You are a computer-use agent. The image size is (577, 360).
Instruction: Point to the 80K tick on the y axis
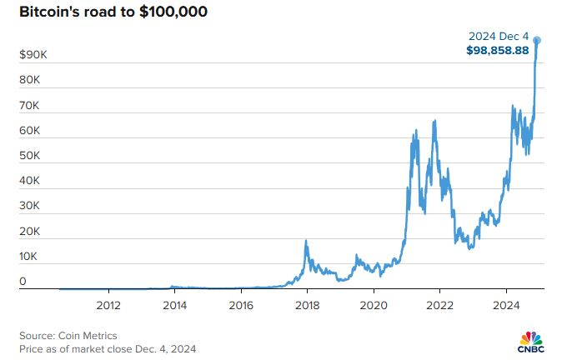29,80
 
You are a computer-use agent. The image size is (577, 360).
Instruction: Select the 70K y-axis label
29,106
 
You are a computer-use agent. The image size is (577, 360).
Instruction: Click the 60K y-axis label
29,131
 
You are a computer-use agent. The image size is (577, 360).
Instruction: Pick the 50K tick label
29,156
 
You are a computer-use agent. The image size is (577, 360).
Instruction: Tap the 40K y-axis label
29,181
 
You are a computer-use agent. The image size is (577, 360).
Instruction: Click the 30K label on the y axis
29,207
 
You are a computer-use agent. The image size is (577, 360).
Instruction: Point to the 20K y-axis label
29,232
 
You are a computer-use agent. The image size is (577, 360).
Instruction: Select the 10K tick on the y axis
29,257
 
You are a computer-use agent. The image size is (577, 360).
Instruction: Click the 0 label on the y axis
23,282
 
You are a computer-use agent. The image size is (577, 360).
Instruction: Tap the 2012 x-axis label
109,304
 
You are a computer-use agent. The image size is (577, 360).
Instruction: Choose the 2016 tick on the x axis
241,304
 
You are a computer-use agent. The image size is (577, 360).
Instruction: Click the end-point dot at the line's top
538,40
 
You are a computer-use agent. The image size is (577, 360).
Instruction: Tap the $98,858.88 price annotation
498,50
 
